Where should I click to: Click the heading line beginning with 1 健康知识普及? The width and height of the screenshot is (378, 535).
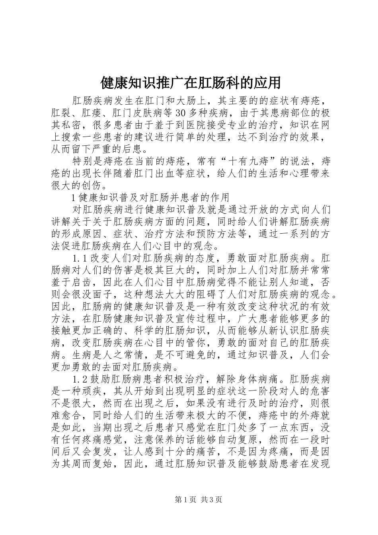(150, 197)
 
